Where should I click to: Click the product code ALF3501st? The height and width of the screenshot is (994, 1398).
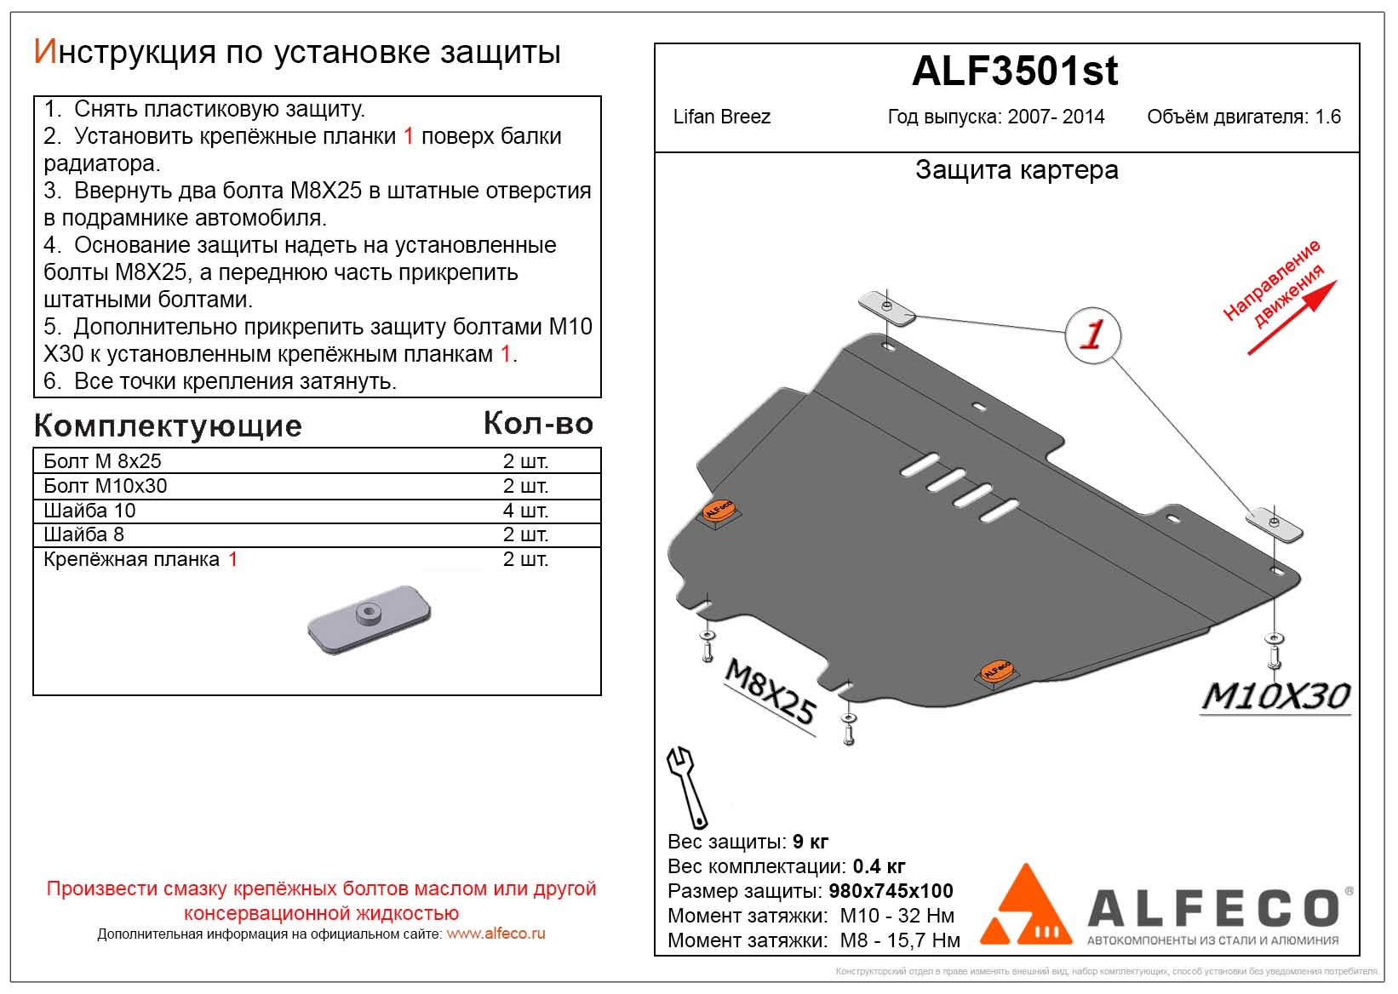(1014, 71)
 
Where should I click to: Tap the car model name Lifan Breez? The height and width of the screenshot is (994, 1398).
(721, 117)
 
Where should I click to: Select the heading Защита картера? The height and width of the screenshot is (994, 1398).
(1016, 170)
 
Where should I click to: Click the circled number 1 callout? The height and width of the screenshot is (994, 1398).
(1091, 334)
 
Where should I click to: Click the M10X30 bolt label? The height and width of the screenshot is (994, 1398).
(1275, 696)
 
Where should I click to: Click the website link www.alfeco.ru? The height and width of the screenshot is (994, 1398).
(496, 934)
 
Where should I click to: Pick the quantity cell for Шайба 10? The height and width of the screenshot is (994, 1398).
(525, 511)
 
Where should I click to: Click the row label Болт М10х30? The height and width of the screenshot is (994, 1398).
(106, 486)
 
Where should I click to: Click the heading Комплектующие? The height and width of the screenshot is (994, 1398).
(168, 426)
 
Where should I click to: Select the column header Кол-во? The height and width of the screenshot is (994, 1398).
(538, 423)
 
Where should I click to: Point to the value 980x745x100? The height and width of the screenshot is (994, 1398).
(891, 891)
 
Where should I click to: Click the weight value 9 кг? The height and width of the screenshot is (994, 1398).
(810, 842)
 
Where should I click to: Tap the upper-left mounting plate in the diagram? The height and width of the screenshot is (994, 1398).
(885, 307)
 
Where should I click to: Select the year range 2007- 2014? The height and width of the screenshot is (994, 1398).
(1056, 117)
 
